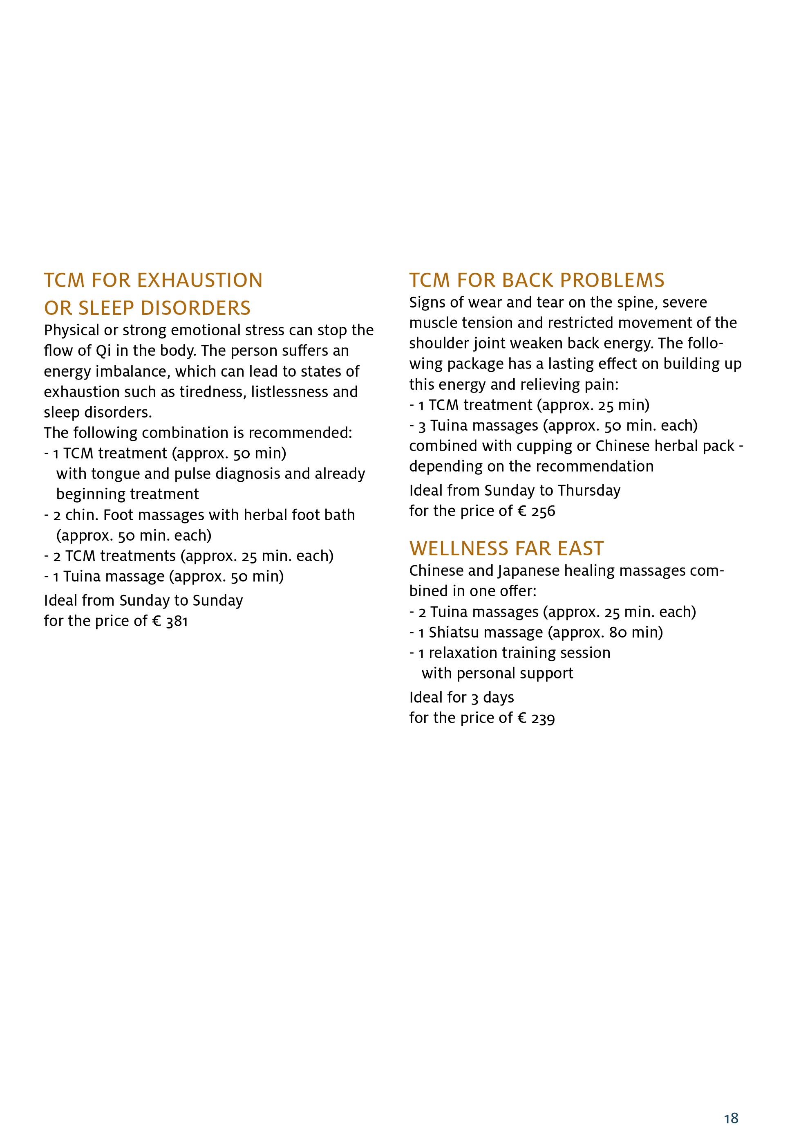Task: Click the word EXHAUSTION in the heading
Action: pos(199,281)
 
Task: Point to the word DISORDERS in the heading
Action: pos(197,308)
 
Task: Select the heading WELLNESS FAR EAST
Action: pos(506,549)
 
